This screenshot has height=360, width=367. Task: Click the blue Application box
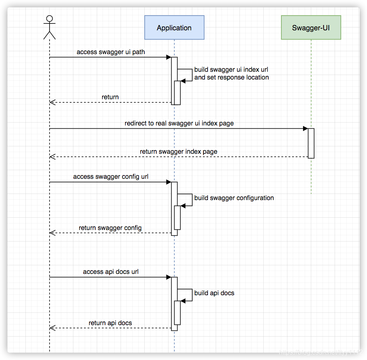pos(174,27)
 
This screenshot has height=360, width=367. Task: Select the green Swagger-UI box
pos(311,27)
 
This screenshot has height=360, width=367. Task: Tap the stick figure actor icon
pos(49,27)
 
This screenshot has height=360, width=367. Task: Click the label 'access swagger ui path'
pos(111,52)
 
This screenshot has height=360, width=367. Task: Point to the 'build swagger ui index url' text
pos(231,69)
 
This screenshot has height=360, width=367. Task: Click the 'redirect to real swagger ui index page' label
pos(179,123)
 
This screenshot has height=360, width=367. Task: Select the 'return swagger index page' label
pos(178,151)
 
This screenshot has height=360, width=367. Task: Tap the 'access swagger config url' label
pos(111,177)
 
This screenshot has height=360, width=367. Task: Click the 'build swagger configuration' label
pos(234,198)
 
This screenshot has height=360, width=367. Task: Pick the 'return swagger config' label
pos(110,228)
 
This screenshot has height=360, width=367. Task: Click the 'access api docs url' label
pos(111,272)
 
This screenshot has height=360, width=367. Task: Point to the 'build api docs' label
pos(214,293)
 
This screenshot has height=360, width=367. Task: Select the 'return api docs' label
pos(110,323)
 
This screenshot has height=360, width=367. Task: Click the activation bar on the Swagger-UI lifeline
pos(311,143)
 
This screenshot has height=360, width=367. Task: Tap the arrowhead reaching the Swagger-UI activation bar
pos(305,129)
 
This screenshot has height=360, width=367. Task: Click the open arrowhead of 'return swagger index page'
pos(52,157)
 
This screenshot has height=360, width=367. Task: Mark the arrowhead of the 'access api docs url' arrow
pos(169,277)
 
